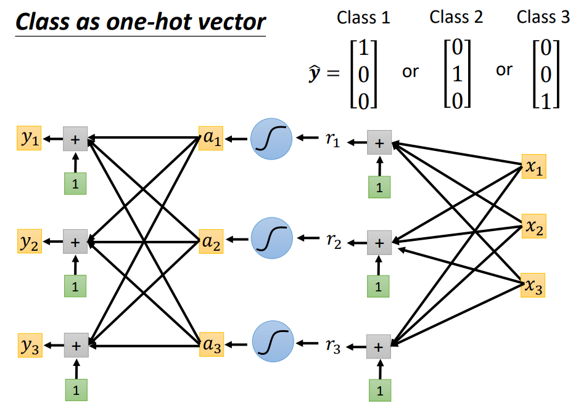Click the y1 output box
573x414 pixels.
coord(29,138)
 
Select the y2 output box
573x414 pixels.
coord(30,241)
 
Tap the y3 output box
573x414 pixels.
coord(30,345)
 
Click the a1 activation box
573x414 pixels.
coord(211,139)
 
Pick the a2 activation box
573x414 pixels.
coord(211,241)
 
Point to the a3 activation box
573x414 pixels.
coord(212,344)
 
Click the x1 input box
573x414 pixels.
coord(534,166)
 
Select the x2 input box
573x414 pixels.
coord(534,226)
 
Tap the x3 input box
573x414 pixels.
coord(533,285)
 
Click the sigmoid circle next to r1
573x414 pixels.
coord(271,139)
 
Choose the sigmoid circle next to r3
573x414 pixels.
coord(273,341)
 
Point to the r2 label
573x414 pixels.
coord(334,241)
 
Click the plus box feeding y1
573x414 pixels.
coord(75,139)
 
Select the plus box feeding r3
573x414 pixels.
coord(379,346)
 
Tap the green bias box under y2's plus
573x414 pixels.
coord(75,286)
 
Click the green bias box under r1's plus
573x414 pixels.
coord(379,187)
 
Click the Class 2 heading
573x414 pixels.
coord(456,17)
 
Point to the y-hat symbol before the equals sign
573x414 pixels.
coord(315,73)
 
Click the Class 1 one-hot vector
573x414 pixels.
coord(363,74)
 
